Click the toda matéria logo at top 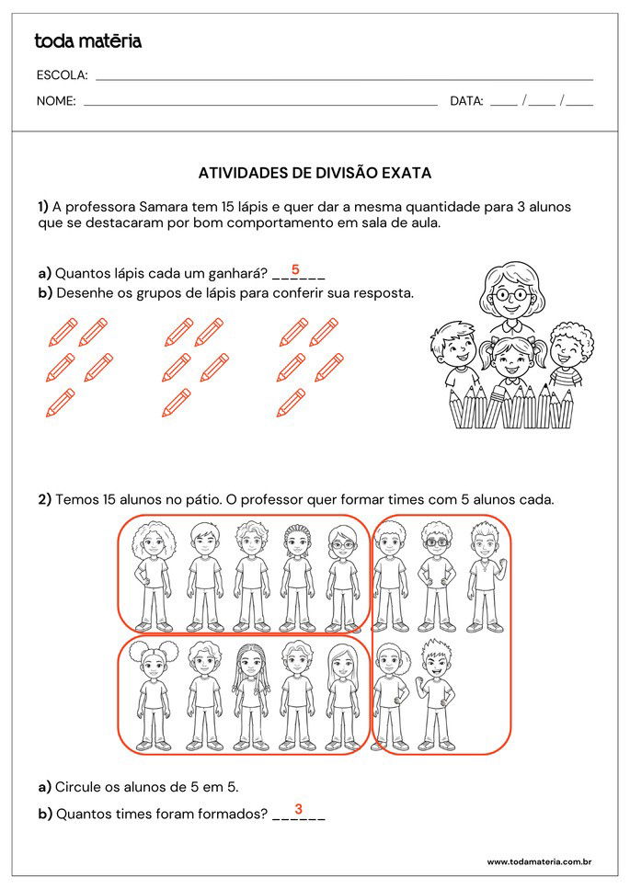[87, 40]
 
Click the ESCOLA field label [62, 75]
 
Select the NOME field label [56, 101]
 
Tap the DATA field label [466, 101]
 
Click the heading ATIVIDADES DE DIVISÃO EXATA [315, 173]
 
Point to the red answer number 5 [295, 269]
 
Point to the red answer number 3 [298, 809]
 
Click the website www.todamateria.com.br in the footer [538, 861]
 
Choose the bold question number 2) [44, 500]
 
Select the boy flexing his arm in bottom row [435, 694]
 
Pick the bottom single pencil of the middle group [176, 403]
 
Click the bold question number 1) [43, 207]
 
